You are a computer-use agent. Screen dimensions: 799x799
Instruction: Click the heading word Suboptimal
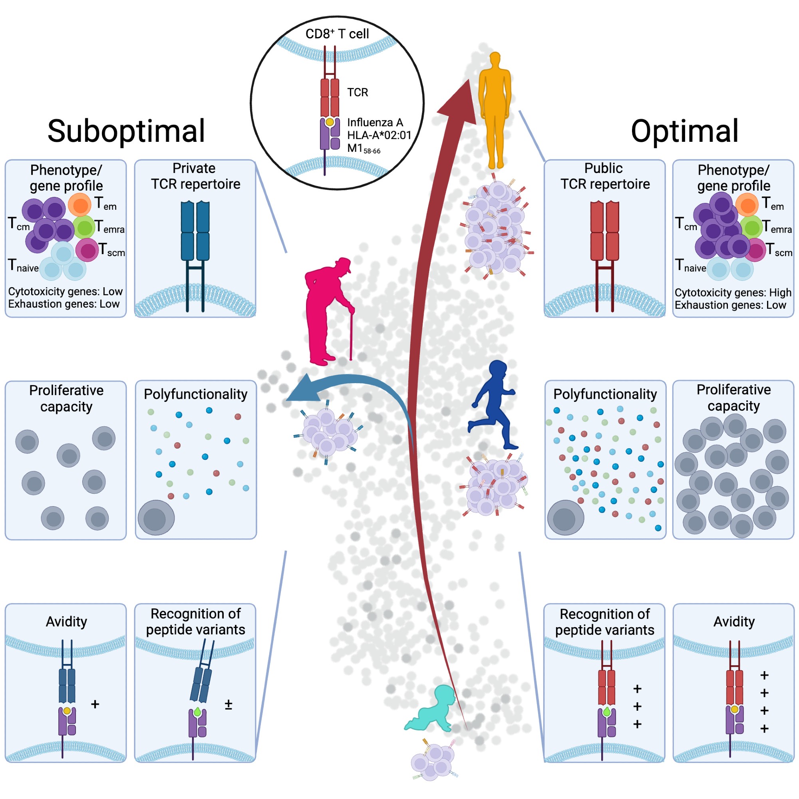pos(126,131)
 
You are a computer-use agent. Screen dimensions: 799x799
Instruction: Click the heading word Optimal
pos(684,131)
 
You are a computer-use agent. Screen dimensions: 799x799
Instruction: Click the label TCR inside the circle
pos(357,92)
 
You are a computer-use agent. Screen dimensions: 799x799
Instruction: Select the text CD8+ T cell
pos(337,34)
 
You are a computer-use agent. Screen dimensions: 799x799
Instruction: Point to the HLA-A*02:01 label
pos(379,135)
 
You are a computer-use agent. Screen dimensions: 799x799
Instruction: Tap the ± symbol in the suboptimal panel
pos(228,704)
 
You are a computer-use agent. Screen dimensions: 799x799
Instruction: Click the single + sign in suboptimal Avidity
pos(95,704)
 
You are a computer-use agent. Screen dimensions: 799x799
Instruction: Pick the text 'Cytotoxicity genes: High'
pos(733,292)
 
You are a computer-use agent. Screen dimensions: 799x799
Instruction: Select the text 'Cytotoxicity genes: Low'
pos(66,292)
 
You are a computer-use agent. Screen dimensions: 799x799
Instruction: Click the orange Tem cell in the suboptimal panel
pos(80,205)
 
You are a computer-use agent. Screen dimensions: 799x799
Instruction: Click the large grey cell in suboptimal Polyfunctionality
pos(156,517)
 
